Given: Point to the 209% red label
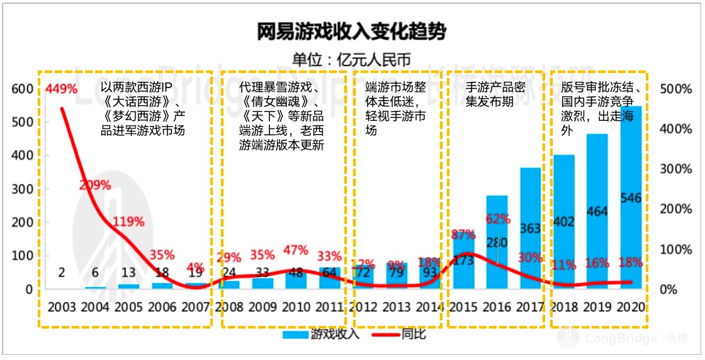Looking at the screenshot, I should [x=95, y=185].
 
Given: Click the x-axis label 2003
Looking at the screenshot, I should [x=61, y=308].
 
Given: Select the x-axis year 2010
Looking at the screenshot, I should [x=296, y=308].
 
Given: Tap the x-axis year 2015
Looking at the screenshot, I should [x=463, y=308].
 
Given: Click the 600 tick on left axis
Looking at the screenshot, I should [x=22, y=89].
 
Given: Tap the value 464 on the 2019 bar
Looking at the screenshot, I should [x=597, y=211].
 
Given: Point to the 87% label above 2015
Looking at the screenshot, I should [x=463, y=235].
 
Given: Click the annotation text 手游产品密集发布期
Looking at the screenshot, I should [x=496, y=94].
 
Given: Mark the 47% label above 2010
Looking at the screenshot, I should [x=296, y=250].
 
